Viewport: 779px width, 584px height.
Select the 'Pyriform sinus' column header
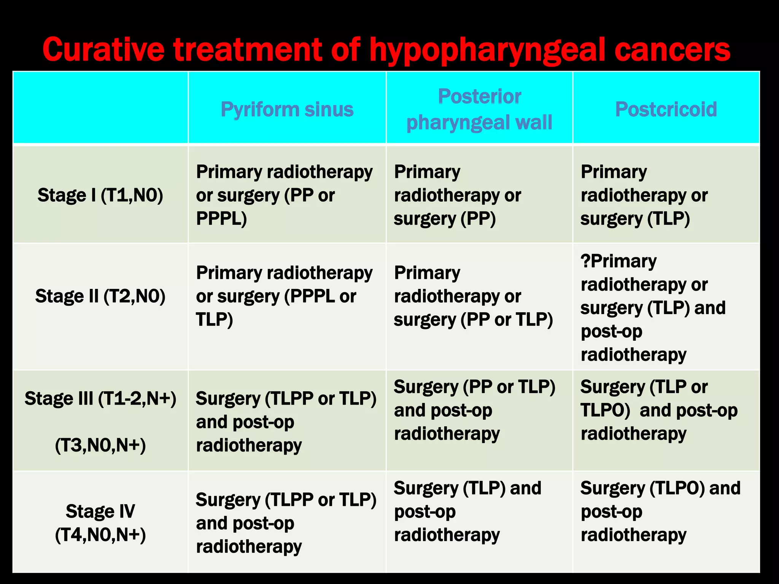(x=287, y=109)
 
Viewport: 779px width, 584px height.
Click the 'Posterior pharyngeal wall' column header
(x=479, y=109)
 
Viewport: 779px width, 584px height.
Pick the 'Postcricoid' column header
(x=666, y=109)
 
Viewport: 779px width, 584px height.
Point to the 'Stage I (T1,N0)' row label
(x=100, y=195)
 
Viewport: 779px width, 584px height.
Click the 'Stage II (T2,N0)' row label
(x=100, y=296)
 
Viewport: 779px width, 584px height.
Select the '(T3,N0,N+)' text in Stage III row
(x=100, y=445)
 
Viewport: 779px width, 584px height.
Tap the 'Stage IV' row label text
(x=100, y=511)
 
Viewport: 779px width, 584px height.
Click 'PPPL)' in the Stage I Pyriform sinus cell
(x=221, y=219)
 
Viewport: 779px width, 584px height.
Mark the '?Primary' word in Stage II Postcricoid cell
(x=618, y=261)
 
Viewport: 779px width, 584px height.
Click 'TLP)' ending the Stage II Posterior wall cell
(x=534, y=319)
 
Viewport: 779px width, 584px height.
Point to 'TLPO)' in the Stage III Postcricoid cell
(x=605, y=411)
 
